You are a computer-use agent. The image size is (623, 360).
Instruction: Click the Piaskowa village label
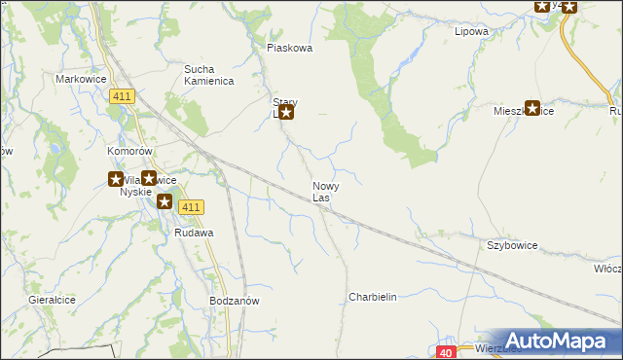tap(289, 48)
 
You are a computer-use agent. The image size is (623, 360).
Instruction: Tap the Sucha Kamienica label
tap(209, 75)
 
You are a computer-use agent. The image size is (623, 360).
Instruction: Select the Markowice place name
tap(80, 79)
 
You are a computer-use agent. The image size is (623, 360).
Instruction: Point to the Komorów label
tap(130, 153)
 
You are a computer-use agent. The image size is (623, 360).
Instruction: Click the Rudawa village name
tap(194, 234)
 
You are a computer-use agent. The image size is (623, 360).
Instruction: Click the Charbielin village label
tap(373, 298)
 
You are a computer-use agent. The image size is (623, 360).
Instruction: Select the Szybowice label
tap(513, 247)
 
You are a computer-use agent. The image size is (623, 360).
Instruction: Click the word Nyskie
tap(136, 192)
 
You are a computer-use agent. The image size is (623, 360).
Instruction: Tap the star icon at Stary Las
tap(286, 113)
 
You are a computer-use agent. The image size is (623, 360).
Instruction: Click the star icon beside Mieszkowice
tap(532, 109)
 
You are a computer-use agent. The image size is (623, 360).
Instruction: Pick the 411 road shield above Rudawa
tap(191, 206)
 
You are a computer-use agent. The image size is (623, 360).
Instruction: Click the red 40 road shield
tap(446, 352)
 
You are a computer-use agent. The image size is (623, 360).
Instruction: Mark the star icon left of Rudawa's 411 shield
tap(165, 202)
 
